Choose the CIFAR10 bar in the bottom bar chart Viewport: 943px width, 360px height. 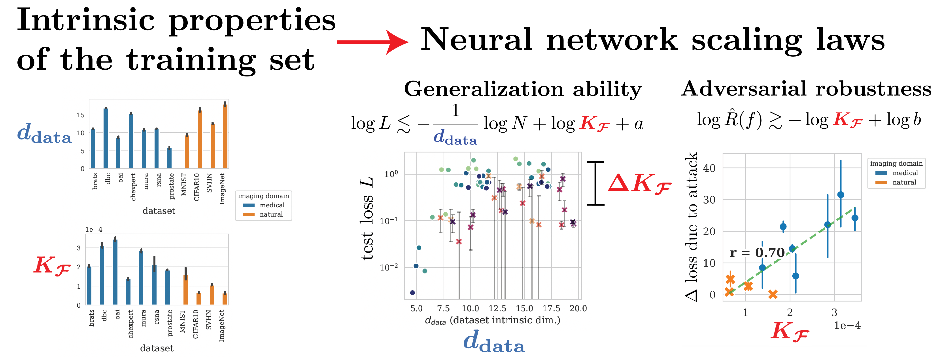point(198,299)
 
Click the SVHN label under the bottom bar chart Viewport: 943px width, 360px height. point(209,320)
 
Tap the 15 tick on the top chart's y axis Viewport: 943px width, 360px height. point(81,115)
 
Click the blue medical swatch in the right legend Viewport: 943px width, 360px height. point(881,173)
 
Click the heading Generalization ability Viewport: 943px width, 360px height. point(523,89)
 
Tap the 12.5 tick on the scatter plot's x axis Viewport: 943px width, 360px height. point(497,308)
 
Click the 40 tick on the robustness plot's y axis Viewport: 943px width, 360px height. point(709,168)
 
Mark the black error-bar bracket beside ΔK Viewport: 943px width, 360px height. point(596,183)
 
